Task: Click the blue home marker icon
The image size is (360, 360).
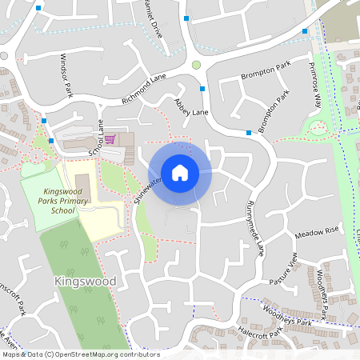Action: point(180,172)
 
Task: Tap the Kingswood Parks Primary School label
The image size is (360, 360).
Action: point(66,202)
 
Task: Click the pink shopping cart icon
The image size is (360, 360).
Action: point(110,139)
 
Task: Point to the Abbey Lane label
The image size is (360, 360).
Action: point(191,107)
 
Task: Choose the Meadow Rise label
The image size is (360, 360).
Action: point(317,232)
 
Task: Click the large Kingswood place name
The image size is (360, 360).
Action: point(86,282)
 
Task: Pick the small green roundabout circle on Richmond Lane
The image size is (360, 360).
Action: point(196,65)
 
